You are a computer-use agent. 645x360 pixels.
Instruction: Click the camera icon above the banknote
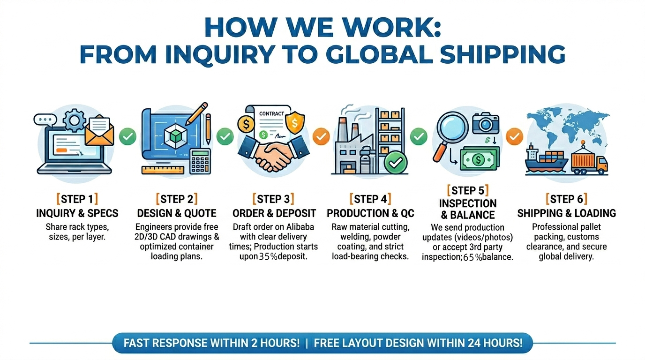click(x=486, y=123)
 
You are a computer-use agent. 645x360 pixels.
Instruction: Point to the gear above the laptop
click(x=74, y=120)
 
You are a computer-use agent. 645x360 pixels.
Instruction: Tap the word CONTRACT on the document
click(x=271, y=113)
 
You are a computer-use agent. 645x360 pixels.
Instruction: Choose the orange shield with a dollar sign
click(x=295, y=123)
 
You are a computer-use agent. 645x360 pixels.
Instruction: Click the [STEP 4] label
click(x=370, y=199)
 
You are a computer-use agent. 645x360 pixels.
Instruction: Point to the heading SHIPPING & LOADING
click(x=566, y=213)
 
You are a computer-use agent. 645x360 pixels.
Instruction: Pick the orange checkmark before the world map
click(x=515, y=136)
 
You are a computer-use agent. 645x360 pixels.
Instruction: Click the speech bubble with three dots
click(x=45, y=119)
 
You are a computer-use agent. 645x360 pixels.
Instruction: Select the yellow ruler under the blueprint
click(x=163, y=170)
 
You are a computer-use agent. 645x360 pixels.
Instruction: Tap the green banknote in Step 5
click(x=480, y=159)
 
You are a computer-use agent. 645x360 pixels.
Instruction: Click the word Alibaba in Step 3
click(x=297, y=227)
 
